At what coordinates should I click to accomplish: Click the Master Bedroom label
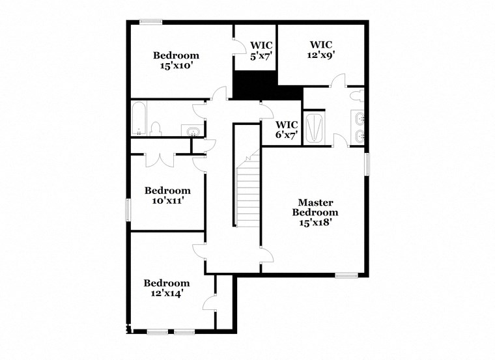pyautogui.click(x=315, y=207)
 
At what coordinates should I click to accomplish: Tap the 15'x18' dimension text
pyautogui.click(x=315, y=221)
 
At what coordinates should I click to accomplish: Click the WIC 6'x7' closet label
pyautogui.click(x=287, y=130)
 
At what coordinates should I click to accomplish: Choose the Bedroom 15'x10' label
pyautogui.click(x=176, y=60)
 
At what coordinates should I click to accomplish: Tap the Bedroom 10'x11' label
pyautogui.click(x=167, y=195)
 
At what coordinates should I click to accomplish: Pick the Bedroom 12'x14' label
pyautogui.click(x=167, y=288)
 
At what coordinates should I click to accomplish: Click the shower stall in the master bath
pyautogui.click(x=315, y=127)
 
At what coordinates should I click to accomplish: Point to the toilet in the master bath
pyautogui.click(x=356, y=96)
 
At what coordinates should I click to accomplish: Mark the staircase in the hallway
pyautogui.click(x=247, y=192)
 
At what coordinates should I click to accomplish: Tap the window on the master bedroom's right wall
pyautogui.click(x=367, y=163)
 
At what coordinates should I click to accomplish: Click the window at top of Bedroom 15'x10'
pyautogui.click(x=151, y=22)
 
